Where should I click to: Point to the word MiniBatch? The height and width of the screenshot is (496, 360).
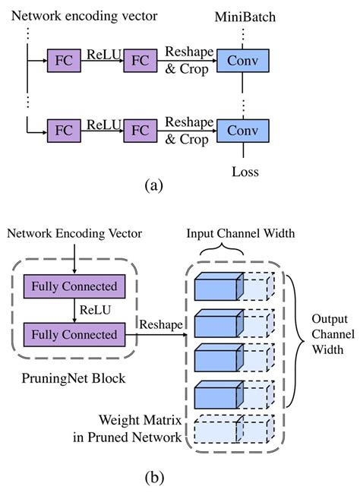click(245, 15)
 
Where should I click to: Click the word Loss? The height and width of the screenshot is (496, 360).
click(245, 172)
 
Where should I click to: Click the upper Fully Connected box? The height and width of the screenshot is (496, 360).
click(74, 286)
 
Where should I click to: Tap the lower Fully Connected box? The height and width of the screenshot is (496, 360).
click(74, 333)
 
